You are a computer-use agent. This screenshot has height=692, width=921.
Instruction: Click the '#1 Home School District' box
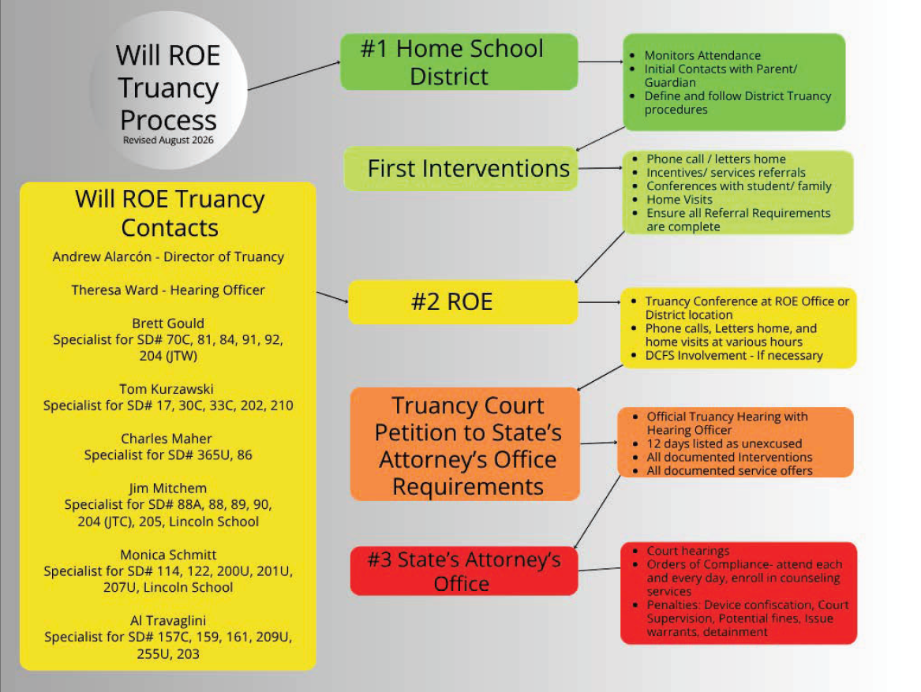coord(459,62)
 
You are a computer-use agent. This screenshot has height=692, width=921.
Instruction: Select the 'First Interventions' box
coord(461,169)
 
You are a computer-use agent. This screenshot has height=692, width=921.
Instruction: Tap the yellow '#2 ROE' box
coord(462,302)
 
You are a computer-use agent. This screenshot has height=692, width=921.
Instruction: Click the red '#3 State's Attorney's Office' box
coord(464,571)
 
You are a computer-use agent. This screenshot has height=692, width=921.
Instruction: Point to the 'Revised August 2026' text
coord(168,140)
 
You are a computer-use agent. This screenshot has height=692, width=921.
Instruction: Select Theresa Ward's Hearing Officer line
coord(168,290)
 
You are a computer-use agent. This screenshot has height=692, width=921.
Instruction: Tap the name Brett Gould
coord(168,324)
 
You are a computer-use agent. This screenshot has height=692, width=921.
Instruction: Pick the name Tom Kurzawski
coord(167,389)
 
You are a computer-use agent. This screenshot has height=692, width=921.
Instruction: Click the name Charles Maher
coord(167,439)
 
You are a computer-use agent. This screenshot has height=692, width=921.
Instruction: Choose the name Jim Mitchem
coord(167,488)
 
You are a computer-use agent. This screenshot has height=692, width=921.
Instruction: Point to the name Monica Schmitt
coord(168,555)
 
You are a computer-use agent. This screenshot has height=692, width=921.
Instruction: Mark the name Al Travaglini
coord(168,621)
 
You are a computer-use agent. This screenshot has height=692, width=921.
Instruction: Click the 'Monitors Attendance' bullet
coord(702,55)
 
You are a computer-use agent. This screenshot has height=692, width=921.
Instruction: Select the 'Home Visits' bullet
coord(679,200)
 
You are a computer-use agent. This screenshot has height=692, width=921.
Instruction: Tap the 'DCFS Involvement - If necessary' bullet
coord(734,355)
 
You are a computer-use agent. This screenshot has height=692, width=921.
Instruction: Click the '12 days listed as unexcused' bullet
coord(724,443)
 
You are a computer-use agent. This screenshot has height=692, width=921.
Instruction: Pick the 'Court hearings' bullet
coord(688,551)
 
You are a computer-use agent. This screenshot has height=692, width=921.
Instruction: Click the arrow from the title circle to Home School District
coord(294,76)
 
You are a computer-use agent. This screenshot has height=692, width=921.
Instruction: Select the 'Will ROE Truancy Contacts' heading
coord(170,213)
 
